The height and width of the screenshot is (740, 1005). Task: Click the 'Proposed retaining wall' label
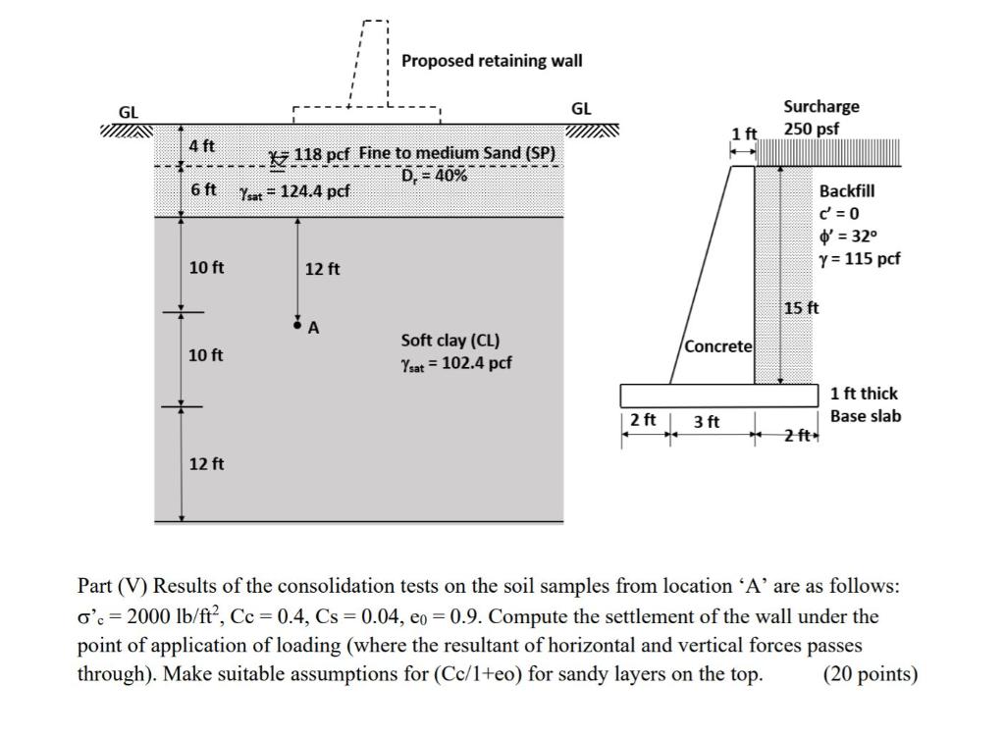492,61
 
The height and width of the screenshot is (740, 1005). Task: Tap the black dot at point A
297,321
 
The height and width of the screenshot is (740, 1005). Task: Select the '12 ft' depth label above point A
323,269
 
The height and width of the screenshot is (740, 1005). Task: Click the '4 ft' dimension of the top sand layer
202,146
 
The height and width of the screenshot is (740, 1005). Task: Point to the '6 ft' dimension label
202,188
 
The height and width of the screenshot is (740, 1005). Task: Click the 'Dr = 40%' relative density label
434,175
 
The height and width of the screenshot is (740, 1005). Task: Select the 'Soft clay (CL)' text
450,341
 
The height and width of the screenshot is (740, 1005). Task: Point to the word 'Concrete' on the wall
718,346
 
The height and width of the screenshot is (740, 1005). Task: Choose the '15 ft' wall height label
801,308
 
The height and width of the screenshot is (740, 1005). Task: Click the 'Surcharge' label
821,106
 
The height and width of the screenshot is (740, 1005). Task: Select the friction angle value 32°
860,237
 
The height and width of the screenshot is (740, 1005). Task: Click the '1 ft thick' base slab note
864,394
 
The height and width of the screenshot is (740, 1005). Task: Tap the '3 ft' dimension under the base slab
707,422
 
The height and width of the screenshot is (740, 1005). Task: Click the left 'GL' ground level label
129,112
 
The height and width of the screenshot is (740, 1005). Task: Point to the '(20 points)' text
872,675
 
